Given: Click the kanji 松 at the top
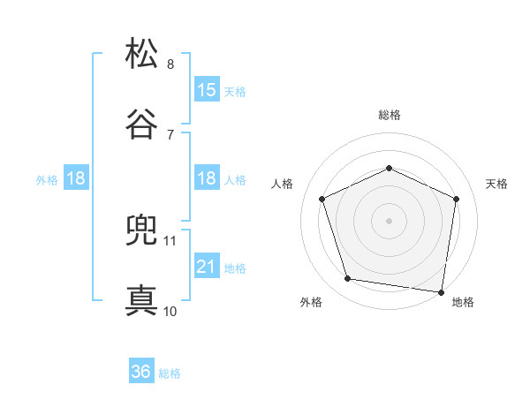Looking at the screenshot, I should coord(142,54).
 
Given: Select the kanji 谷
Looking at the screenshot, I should coord(142,124).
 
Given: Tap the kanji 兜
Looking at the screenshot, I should coord(142,231).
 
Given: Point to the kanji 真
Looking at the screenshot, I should coord(142,301).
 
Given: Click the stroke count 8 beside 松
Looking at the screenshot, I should coord(170,64).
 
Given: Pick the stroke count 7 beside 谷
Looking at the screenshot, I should coord(170,134).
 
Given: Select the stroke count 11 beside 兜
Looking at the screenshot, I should coord(170,240).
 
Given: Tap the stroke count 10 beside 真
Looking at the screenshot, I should coord(170,311).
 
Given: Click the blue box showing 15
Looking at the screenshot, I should coord(207,89).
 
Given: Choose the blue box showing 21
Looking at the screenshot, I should coord(207,267).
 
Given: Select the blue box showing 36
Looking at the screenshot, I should coord(141,372).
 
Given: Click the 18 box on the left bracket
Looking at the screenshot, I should coord(76,178).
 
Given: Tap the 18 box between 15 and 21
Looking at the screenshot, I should coord(207,178).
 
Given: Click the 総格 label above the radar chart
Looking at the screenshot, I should coord(390,115).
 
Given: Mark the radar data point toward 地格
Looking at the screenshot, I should coord(443,291).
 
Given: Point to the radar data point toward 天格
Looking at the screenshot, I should coord(456,199).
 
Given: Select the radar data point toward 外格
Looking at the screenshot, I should coord(348,279).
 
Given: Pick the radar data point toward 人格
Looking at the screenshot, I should coord(323,199).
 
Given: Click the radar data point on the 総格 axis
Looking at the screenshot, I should coord(390,168).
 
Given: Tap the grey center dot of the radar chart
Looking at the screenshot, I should coord(390,220).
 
